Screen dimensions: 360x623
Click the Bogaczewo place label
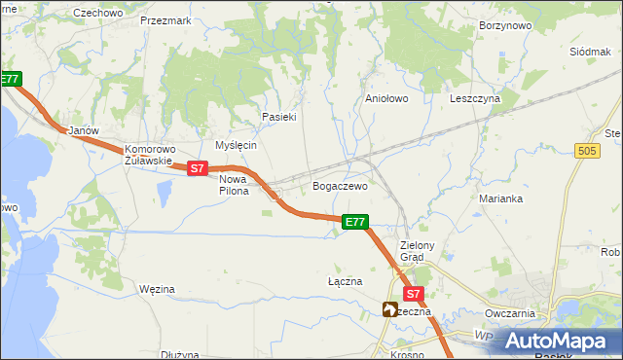(339, 185)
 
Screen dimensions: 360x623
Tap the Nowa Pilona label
(234, 185)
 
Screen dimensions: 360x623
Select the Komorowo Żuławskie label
(148, 156)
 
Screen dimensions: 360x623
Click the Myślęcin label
(235, 145)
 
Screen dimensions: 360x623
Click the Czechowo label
(97, 13)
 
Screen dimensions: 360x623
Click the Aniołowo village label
(385, 98)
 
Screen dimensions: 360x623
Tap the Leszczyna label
(474, 98)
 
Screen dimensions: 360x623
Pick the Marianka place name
(501, 198)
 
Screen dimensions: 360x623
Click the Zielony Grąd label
(424, 251)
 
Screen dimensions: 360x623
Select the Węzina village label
(157, 289)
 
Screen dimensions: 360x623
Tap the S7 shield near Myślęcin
(198, 168)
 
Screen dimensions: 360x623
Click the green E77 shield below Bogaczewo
(355, 222)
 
